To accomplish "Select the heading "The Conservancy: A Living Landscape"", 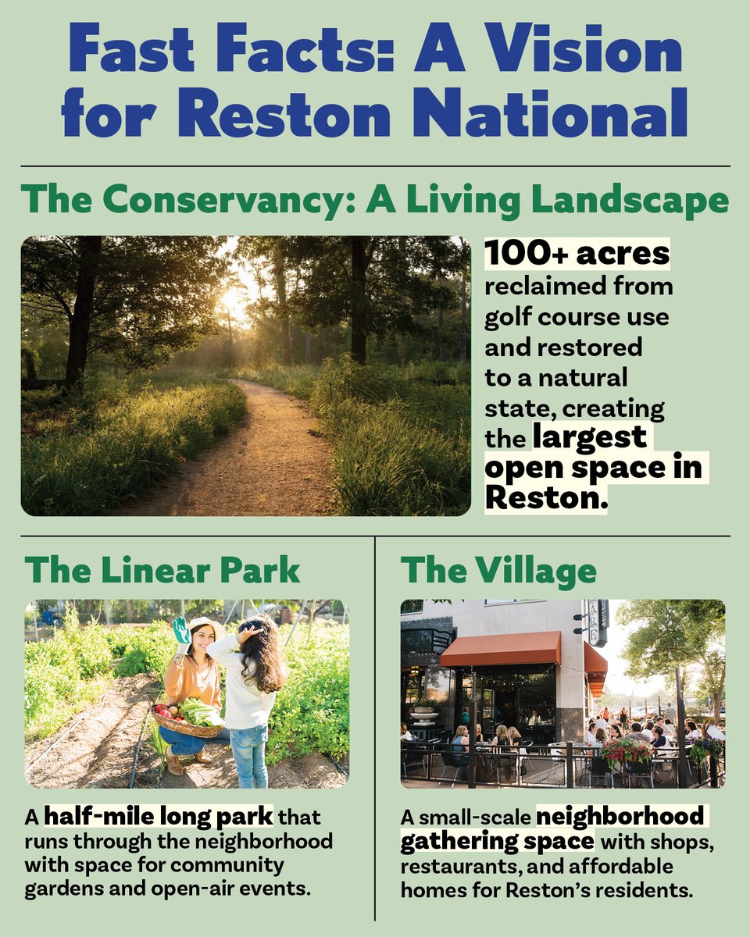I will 374,201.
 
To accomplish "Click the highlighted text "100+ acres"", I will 577,254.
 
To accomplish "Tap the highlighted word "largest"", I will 590,437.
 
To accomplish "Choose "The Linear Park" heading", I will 162,570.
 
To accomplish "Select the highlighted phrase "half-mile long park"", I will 159,818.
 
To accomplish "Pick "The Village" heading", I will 498,570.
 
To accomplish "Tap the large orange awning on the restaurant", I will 501,649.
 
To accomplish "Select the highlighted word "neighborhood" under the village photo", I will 620,818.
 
